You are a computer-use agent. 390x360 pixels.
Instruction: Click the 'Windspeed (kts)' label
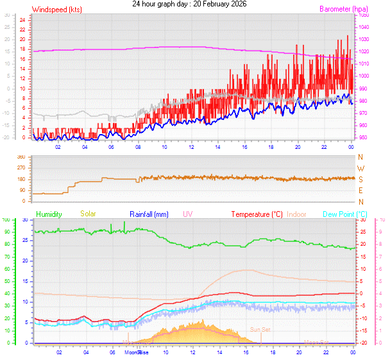coord(56,10)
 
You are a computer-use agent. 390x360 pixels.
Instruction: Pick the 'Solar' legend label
coord(89,214)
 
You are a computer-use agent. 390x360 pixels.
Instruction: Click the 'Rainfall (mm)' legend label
coord(149,214)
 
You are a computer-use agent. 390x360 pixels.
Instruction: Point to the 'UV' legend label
coord(187,214)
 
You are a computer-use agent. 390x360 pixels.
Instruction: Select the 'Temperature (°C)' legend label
coord(257,214)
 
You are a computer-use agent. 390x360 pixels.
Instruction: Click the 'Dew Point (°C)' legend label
coord(344,214)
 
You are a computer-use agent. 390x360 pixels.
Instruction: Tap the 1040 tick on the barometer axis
coord(364,27)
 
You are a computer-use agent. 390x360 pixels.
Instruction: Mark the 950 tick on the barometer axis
coord(363,137)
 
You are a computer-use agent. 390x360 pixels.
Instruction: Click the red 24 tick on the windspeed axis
coord(22,20)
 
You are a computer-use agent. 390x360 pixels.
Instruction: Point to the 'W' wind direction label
coord(360,168)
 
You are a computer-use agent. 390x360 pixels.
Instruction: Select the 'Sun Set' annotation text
coord(260,329)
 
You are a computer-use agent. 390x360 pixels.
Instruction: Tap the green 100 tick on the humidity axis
coord(6,220)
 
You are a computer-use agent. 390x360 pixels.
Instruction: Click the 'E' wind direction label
coord(360,191)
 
